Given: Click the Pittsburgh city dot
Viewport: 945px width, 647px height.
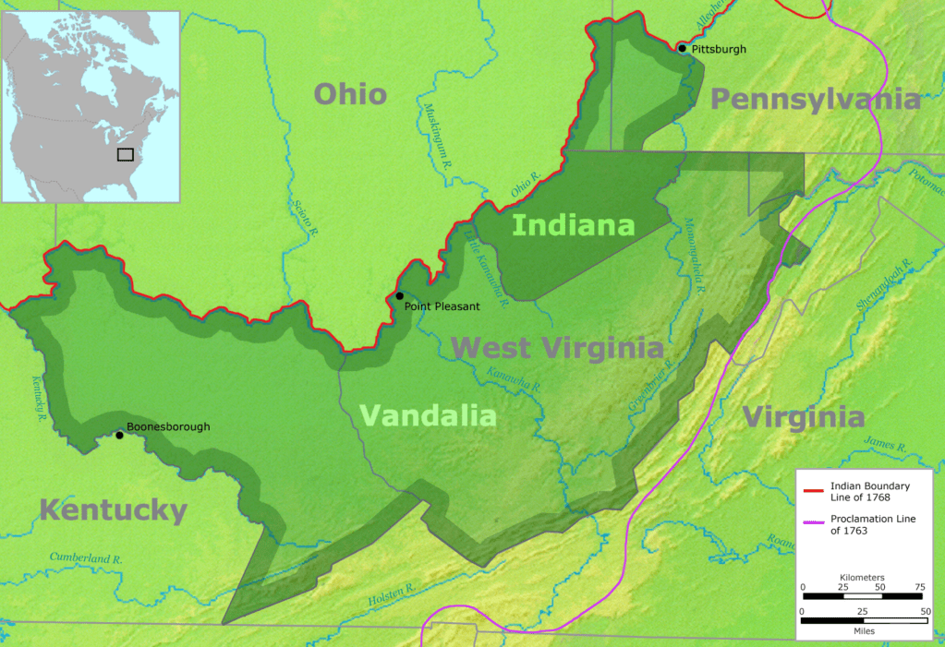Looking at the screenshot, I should pyautogui.click(x=682, y=48).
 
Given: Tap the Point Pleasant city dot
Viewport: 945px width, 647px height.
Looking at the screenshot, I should pyautogui.click(x=399, y=295).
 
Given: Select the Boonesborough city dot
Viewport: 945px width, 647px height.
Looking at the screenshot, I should pyautogui.click(x=119, y=435).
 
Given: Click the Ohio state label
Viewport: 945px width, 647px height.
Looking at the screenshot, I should pyautogui.click(x=350, y=93).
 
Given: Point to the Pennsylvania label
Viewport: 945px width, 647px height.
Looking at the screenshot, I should pyautogui.click(x=816, y=100).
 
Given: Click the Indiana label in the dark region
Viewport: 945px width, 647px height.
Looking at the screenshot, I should pyautogui.click(x=573, y=225).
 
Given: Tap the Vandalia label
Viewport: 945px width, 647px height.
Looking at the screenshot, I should pyautogui.click(x=427, y=415).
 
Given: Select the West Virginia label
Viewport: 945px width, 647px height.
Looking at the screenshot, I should pyautogui.click(x=557, y=348).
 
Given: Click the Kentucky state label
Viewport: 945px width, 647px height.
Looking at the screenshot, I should pyautogui.click(x=113, y=509).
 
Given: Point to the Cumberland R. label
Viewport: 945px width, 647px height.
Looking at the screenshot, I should pyautogui.click(x=86, y=558).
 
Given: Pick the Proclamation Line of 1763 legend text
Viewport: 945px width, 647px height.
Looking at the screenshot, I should pyautogui.click(x=872, y=524).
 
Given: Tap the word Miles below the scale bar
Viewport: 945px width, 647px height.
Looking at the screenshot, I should pyautogui.click(x=863, y=631).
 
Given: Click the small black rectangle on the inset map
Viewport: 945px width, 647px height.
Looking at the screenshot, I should pyautogui.click(x=125, y=154).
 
